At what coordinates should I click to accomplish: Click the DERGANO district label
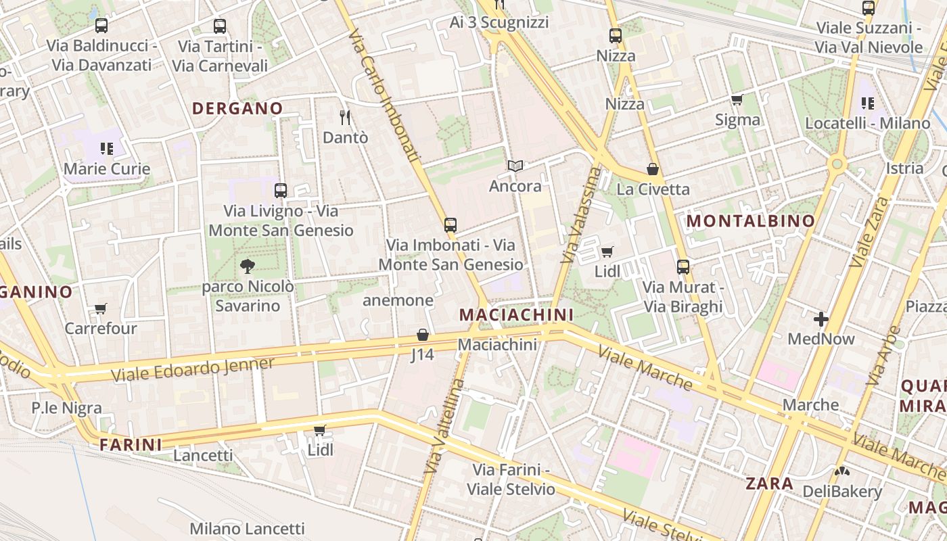[237, 108]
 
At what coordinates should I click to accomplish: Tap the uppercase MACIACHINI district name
[516, 314]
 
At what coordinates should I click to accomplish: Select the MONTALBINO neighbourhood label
[751, 220]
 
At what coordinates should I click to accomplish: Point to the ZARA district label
[769, 484]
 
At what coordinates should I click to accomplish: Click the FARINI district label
[131, 444]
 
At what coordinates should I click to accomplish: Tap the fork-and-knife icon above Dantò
[345, 117]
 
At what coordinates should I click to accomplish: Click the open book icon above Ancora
[515, 166]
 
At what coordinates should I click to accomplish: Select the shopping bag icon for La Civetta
[653, 169]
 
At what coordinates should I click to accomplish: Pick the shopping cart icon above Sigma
[737, 100]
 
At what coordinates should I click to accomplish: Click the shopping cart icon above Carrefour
[101, 309]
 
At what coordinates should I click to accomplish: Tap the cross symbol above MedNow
[821, 319]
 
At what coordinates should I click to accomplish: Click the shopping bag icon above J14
[422, 335]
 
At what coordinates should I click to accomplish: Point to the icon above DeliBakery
[842, 471]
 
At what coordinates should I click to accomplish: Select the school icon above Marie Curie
[106, 148]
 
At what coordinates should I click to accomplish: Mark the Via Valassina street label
[581, 215]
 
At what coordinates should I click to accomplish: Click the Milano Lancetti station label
[247, 528]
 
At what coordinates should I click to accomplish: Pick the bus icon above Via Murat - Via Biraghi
[683, 267]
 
